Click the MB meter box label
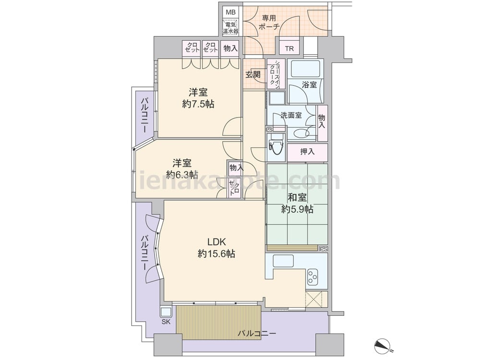(230, 12)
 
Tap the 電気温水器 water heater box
(231, 27)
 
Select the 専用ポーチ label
(269, 23)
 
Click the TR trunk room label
(289, 48)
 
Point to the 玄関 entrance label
(253, 74)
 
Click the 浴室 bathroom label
(309, 84)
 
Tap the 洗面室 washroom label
(291, 115)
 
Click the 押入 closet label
(307, 151)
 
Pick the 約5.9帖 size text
(297, 209)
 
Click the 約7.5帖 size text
(198, 104)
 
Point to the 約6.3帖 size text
(182, 175)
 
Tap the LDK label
(216, 242)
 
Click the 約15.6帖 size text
(216, 254)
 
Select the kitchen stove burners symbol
(312, 276)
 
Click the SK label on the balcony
(166, 322)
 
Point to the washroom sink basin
(300, 133)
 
